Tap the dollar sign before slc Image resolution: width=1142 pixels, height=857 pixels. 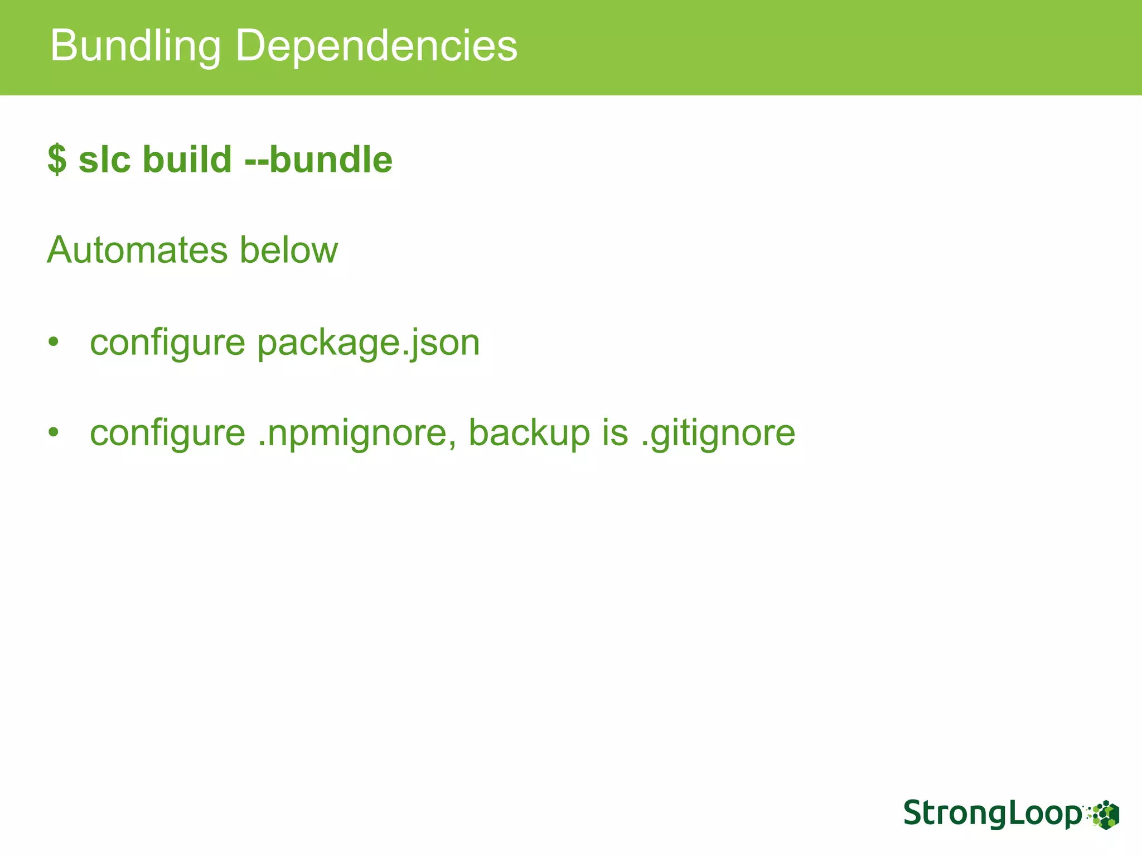pyautogui.click(x=57, y=160)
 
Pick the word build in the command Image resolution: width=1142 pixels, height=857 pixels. pyautogui.click(x=187, y=160)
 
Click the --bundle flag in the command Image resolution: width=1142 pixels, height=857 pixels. pyautogui.click(x=318, y=160)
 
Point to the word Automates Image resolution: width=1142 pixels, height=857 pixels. pyautogui.click(x=137, y=250)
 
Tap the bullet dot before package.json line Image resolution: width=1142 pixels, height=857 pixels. pyautogui.click(x=53, y=341)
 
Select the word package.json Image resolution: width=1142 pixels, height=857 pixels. pyautogui.click(x=368, y=343)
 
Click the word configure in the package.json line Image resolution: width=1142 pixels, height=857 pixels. pyautogui.click(x=167, y=343)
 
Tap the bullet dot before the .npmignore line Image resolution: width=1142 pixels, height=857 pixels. pyautogui.click(x=53, y=432)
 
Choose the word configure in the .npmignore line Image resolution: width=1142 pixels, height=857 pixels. pyautogui.click(x=167, y=433)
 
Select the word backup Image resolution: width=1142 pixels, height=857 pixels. pyautogui.click(x=529, y=433)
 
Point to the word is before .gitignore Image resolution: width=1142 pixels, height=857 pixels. pyautogui.click(x=615, y=433)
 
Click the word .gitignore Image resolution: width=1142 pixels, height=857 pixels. pyautogui.click(x=718, y=433)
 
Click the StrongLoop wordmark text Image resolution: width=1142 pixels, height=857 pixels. pyautogui.click(x=991, y=813)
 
